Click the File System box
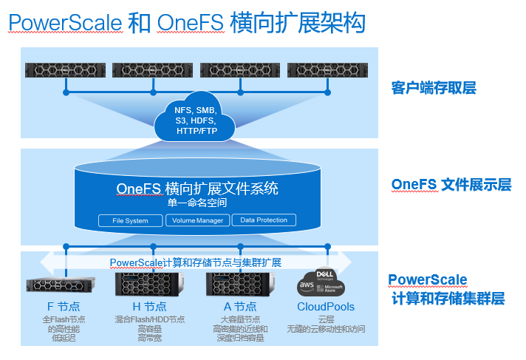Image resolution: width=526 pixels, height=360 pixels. click(130, 220)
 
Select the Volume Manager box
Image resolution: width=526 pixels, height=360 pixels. click(197, 220)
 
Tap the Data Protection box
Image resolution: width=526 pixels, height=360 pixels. click(264, 220)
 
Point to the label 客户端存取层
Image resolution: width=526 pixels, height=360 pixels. click(433, 88)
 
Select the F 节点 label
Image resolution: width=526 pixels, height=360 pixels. click(64, 306)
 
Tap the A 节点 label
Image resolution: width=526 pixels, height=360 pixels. click(239, 306)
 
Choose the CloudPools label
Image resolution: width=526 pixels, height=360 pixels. click(326, 306)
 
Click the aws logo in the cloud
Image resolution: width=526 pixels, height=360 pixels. click(307, 286)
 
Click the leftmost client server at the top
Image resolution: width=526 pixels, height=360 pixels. click(65, 70)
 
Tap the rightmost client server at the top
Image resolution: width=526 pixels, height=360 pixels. click(327, 70)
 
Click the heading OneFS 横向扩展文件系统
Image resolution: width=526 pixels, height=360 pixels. click(197, 188)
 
